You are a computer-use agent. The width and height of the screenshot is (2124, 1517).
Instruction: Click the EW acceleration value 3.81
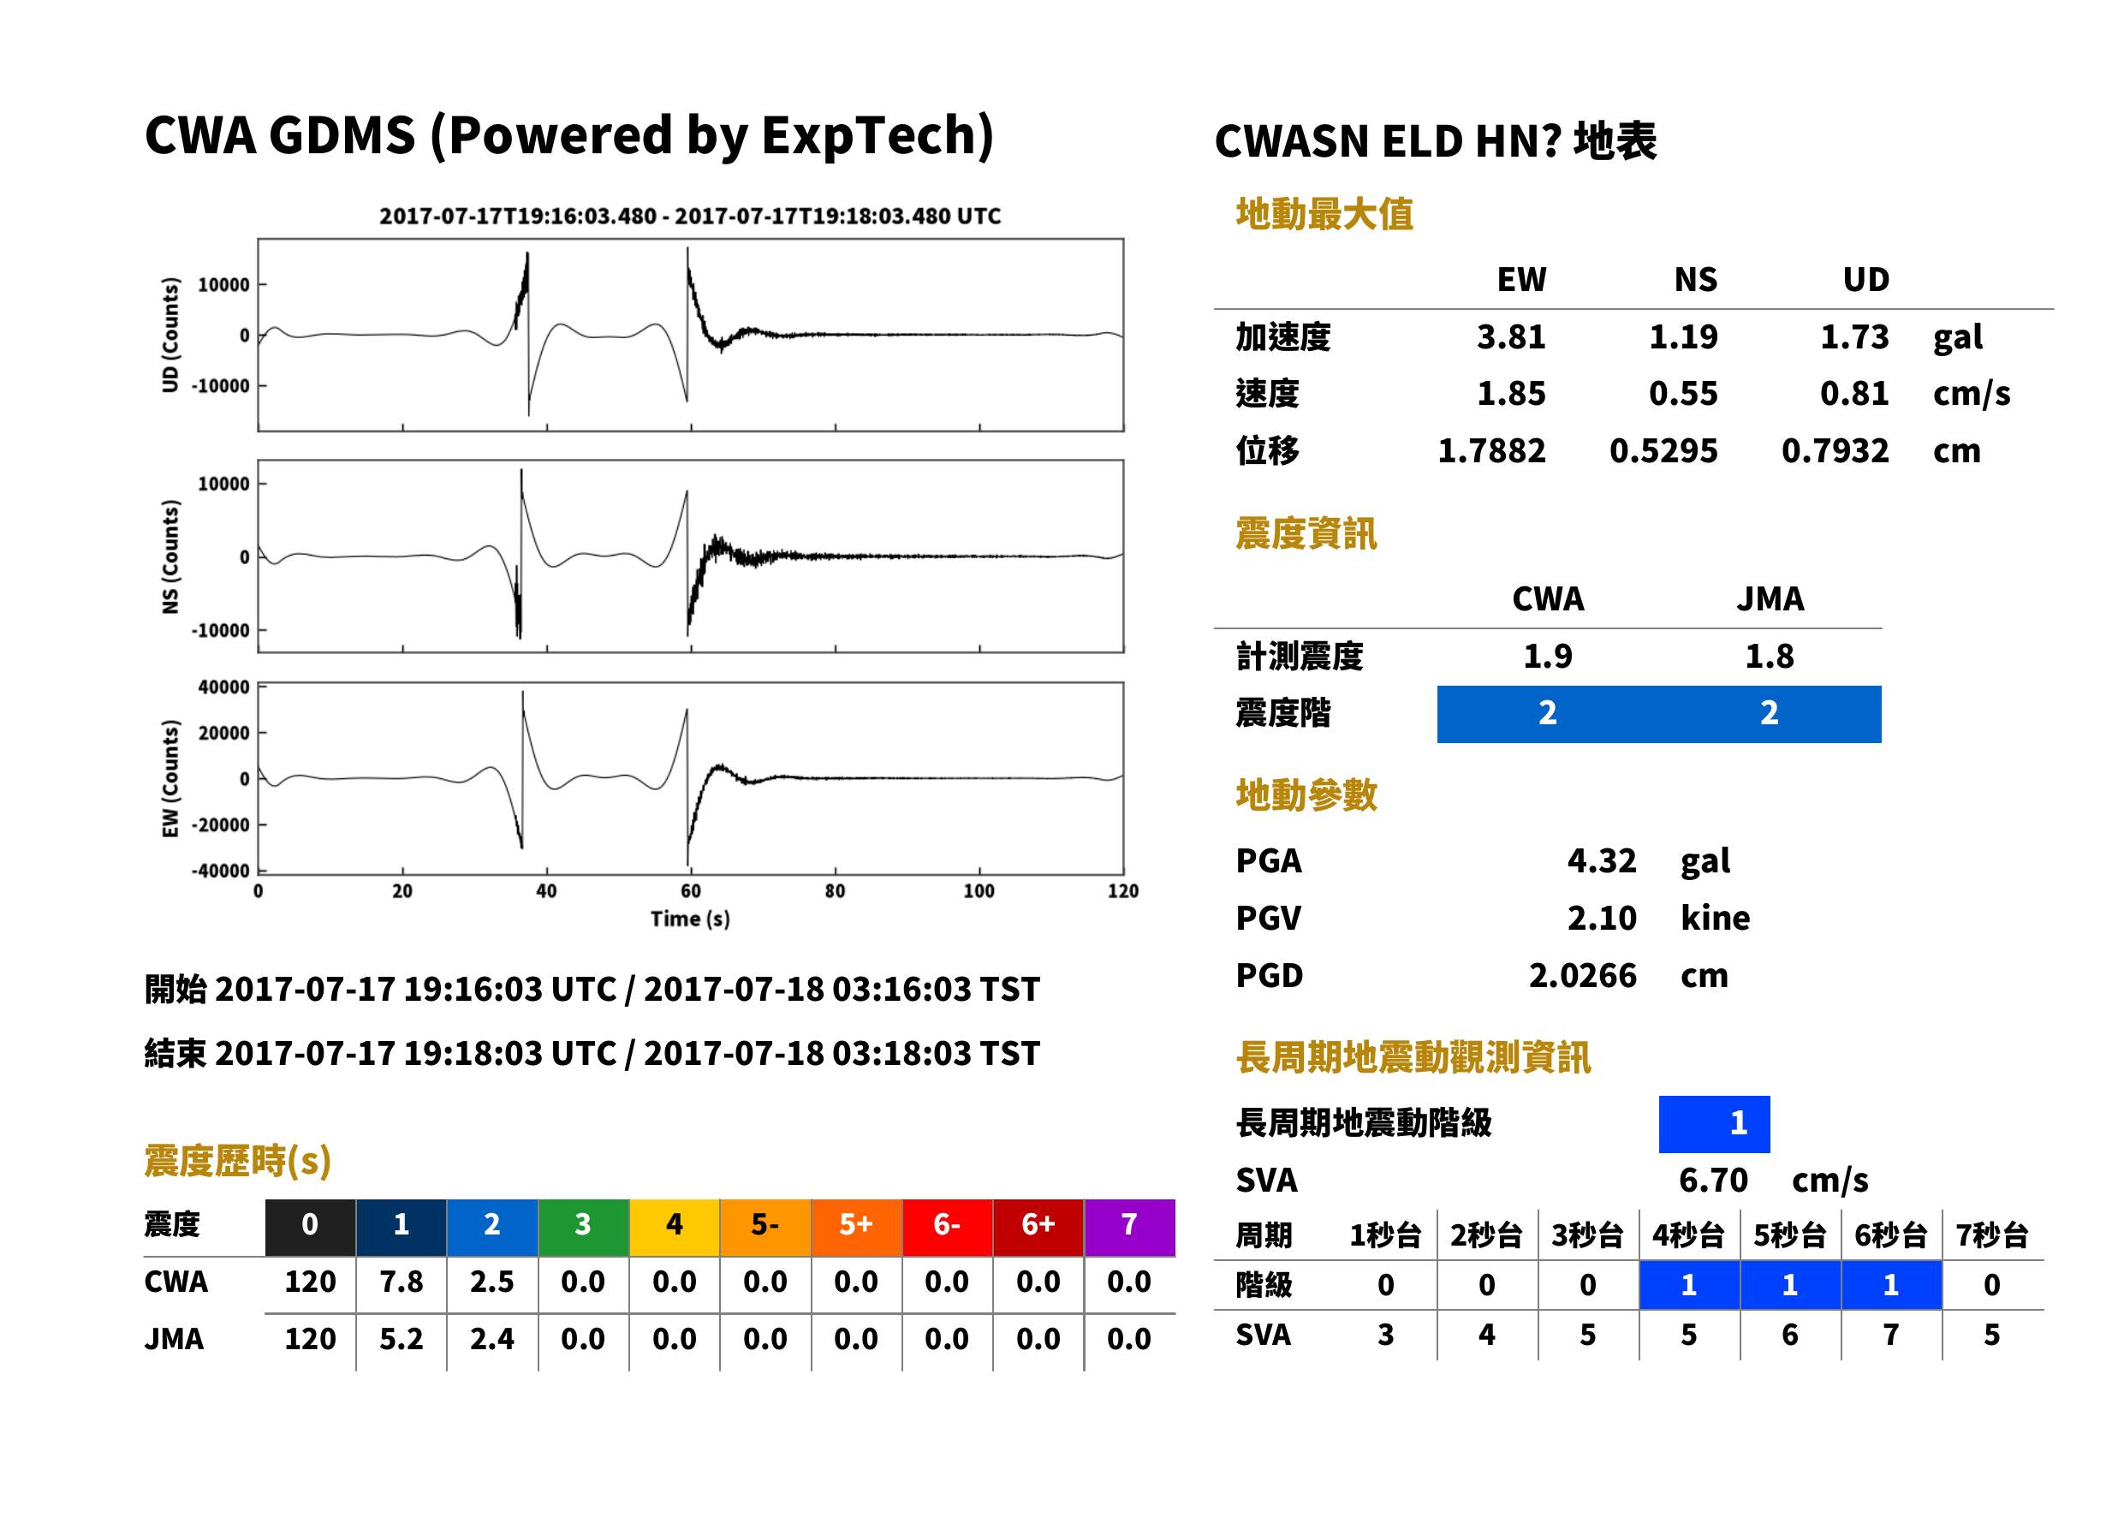point(1510,336)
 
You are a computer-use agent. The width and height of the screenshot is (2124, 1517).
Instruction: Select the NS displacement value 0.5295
point(1663,451)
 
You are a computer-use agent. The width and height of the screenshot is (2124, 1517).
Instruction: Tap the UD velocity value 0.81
point(1854,393)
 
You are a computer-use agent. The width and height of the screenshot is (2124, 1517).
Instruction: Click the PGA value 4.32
point(1601,860)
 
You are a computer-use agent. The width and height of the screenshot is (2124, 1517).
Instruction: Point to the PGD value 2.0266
point(1582,975)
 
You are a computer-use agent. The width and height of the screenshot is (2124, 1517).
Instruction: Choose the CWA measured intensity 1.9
point(1548,656)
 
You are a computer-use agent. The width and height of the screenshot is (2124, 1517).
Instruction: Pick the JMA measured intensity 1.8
point(1769,656)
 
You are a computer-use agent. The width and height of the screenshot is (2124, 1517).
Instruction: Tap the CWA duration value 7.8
point(402,1282)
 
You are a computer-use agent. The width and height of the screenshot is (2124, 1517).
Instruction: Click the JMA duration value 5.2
point(402,1339)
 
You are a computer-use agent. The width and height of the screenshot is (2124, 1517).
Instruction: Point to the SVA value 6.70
point(1713,1180)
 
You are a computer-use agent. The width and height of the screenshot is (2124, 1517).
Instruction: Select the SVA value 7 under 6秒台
point(1890,1335)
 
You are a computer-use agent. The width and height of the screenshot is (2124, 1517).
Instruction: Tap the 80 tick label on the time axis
point(835,891)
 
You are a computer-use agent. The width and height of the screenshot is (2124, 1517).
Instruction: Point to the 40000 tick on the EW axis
point(223,687)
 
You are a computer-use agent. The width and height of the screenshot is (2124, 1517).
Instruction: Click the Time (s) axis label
point(690,919)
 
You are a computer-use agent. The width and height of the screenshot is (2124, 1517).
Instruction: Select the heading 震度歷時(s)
point(238,1161)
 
